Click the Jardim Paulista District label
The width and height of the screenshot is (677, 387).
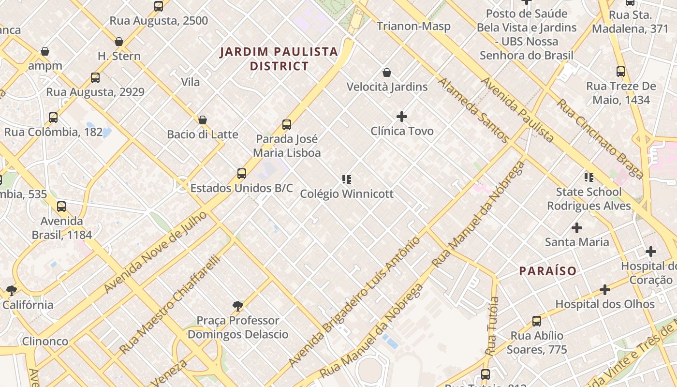click(279, 59)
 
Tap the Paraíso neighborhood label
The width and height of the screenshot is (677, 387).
click(548, 271)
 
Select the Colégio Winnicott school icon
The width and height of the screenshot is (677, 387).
click(346, 179)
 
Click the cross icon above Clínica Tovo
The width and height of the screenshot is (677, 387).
click(401, 117)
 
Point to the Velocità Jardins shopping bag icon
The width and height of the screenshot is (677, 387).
click(386, 73)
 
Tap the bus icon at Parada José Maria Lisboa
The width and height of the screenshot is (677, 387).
click(287, 125)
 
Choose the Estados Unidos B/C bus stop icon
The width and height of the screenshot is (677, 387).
click(242, 174)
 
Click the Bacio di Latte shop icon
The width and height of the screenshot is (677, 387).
click(203, 120)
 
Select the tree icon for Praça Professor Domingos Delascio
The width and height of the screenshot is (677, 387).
click(237, 306)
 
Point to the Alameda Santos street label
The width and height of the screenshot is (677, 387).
click(473, 110)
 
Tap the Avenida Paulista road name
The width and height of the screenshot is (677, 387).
click(516, 110)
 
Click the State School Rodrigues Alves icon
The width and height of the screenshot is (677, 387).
click(589, 178)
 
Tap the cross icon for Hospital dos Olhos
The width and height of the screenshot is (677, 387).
click(604, 290)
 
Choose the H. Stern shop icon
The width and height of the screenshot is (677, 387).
click(119, 42)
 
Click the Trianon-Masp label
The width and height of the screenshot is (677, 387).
click(413, 26)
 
